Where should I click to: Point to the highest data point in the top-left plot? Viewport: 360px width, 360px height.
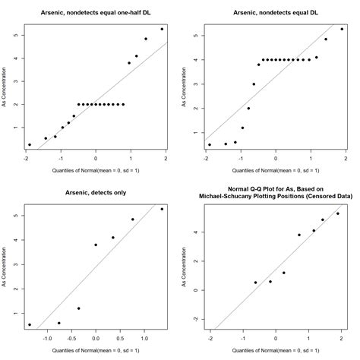162,29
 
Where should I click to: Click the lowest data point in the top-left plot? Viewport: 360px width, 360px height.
30,144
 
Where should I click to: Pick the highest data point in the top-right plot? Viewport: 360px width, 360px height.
342,29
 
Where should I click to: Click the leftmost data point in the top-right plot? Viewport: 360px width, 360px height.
210,144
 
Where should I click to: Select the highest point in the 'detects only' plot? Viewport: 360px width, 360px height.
162,209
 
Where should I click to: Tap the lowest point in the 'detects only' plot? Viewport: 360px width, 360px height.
30,324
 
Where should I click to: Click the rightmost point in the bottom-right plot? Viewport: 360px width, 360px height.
338,213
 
